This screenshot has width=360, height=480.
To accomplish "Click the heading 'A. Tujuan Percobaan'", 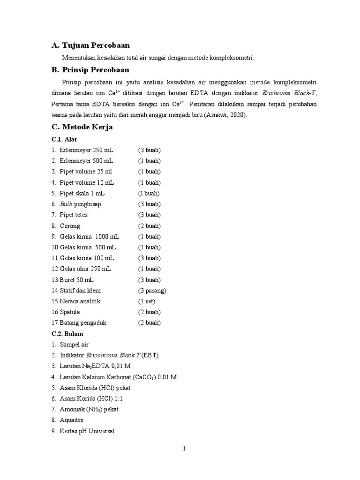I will click(x=90, y=45).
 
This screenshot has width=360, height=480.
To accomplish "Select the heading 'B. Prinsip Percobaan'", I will click(x=90, y=70).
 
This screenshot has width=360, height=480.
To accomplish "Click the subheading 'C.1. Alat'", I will click(x=64, y=140).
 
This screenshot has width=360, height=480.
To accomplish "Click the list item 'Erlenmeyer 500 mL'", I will click(x=87, y=161).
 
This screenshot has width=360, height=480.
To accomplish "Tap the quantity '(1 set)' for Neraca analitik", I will click(x=146, y=301).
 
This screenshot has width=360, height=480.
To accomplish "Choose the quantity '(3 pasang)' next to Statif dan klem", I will click(x=152, y=291).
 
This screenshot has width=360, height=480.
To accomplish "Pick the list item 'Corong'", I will click(x=70, y=226).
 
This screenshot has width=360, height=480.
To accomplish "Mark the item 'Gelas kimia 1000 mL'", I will click(x=90, y=237).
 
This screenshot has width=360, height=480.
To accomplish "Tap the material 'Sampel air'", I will click(x=74, y=345).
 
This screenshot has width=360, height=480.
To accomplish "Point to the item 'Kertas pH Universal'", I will click(x=87, y=431).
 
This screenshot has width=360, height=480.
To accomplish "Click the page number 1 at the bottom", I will click(x=184, y=449).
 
